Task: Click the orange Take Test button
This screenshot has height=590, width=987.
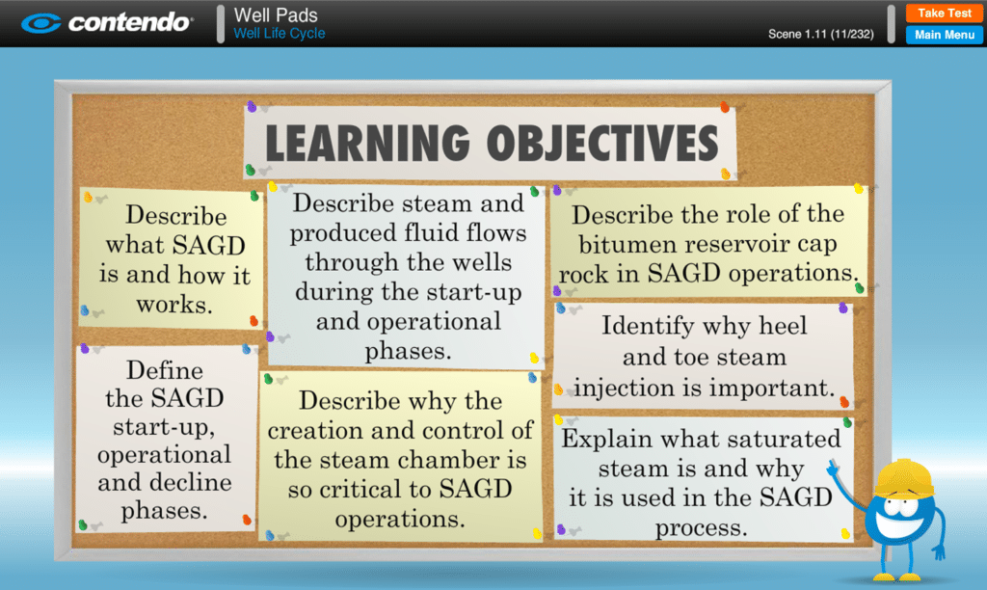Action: (945, 13)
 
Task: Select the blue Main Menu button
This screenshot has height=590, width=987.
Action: (945, 35)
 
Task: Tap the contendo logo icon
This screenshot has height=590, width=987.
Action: (40, 23)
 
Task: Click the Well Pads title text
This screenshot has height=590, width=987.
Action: (276, 15)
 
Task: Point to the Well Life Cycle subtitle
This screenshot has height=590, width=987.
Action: (280, 34)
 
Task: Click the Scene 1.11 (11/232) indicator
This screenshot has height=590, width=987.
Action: (821, 34)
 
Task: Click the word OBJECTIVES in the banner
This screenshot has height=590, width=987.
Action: (602, 143)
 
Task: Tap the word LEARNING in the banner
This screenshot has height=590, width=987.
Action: (367, 143)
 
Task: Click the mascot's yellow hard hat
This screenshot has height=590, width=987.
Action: (904, 478)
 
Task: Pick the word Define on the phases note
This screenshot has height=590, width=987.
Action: (165, 369)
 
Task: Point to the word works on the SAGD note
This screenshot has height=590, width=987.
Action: (174, 305)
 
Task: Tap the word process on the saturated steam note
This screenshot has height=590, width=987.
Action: (702, 528)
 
